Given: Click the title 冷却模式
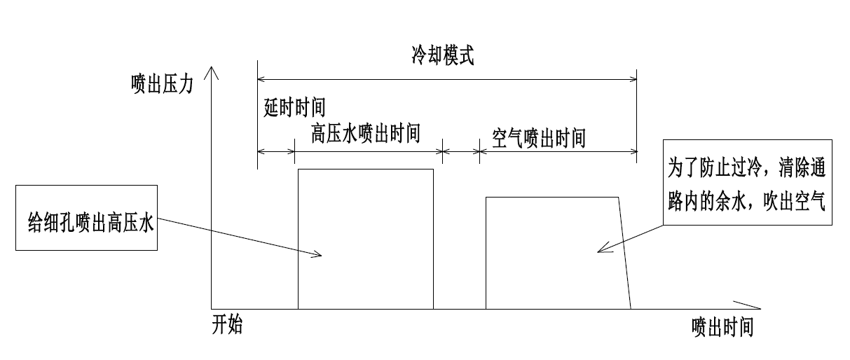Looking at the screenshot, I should coord(442,56).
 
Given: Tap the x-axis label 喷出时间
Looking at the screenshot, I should coord(722,326).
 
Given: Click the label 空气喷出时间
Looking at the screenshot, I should coord(538,138).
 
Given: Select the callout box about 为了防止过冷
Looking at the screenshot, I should coord(748,181).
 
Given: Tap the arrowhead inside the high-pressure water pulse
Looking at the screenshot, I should coord(317,255).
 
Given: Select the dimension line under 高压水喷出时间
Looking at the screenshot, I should coord(369,151).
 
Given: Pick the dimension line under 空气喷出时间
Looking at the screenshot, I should coord(558,151).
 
